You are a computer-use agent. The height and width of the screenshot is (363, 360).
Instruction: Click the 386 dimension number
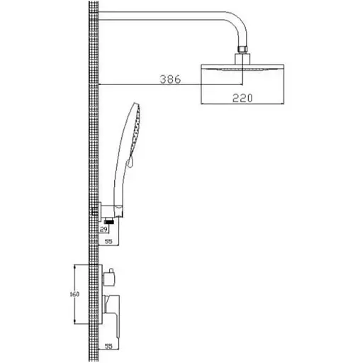tap(170, 79)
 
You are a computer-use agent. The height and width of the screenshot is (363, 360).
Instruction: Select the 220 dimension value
tap(242, 98)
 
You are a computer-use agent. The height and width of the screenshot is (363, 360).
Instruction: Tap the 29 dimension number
tap(103, 229)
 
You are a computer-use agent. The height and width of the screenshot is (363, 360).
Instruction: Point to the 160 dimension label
tap(74, 294)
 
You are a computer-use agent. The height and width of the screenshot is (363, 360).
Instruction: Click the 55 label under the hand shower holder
tap(108, 241)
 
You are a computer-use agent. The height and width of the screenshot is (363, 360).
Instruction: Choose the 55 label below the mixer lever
tap(108, 347)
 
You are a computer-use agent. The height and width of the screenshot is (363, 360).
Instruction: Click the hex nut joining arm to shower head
tap(242, 49)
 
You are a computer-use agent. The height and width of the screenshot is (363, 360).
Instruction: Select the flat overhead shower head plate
tap(242, 67)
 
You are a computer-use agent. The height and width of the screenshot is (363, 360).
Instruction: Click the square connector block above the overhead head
tap(242, 59)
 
